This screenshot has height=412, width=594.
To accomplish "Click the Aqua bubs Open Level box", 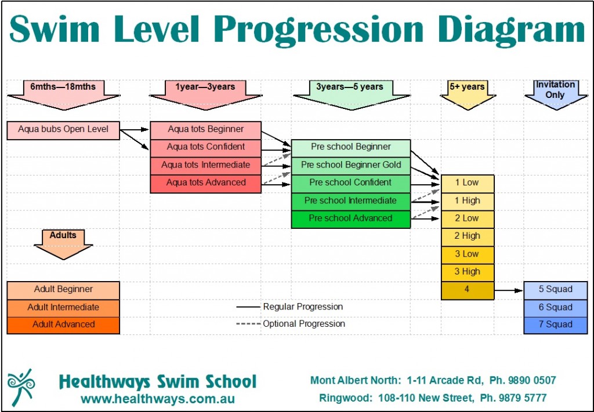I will click(x=63, y=130).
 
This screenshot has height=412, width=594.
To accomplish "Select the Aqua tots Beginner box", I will click(x=206, y=129).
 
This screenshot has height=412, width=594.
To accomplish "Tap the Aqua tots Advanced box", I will click(x=206, y=183).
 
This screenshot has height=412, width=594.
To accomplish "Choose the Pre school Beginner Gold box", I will click(x=351, y=165).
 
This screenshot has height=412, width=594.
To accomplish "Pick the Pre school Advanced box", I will click(x=351, y=219).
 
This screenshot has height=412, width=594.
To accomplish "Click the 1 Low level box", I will click(x=467, y=183).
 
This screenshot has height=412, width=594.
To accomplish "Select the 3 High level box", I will click(x=467, y=272).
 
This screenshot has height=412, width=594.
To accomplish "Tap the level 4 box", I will click(x=467, y=290).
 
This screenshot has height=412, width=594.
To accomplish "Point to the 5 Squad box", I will click(x=555, y=290).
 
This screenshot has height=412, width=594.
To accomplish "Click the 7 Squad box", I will click(x=555, y=325).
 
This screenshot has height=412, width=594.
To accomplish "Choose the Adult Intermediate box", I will click(x=63, y=308).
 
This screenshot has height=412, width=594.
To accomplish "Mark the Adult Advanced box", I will click(x=63, y=325).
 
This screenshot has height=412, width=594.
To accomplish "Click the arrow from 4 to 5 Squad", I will click(x=509, y=290).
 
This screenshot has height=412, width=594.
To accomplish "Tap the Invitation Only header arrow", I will click(x=555, y=93).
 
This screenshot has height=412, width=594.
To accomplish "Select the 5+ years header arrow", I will click(x=467, y=93).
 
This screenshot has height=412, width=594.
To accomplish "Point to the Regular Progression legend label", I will click(x=303, y=307).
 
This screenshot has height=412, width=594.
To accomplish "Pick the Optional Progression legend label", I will click(x=304, y=324).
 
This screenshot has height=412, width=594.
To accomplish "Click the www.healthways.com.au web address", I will click(x=158, y=399).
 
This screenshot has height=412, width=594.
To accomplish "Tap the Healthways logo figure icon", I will click(x=22, y=387).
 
